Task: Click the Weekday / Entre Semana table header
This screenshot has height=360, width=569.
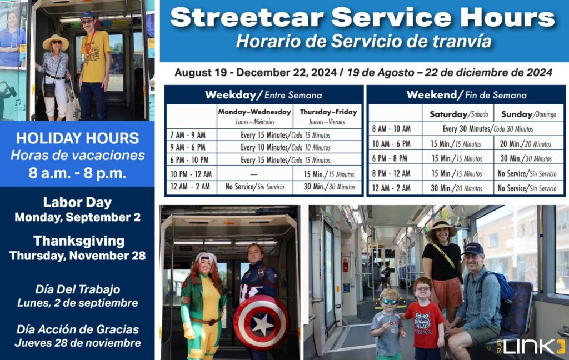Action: (263, 94)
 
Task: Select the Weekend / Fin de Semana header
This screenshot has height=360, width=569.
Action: (466, 94)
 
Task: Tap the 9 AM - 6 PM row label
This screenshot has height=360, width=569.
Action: (187, 147)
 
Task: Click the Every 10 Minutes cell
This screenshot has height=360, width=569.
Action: (285, 147)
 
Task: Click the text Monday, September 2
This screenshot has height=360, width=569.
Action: (77, 217)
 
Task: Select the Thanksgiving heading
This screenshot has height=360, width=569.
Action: (78, 241)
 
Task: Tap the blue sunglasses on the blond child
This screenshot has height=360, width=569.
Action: (388, 302)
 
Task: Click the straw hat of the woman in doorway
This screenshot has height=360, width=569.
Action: (56, 42)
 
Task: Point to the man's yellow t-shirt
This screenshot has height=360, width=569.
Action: (96, 58)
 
